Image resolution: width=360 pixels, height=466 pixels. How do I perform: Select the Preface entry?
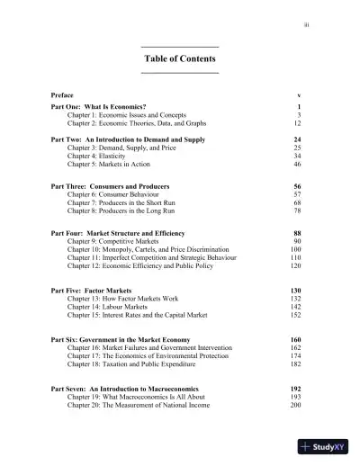click(63, 94)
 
